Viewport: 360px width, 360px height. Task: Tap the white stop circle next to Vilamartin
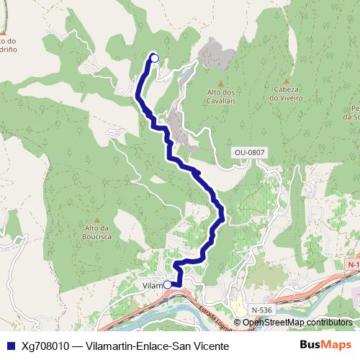168,284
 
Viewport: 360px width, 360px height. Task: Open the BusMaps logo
325,346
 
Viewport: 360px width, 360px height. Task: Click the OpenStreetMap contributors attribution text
297,323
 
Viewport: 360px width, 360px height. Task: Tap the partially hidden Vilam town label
153,285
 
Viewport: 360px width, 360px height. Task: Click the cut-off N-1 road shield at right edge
353,265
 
